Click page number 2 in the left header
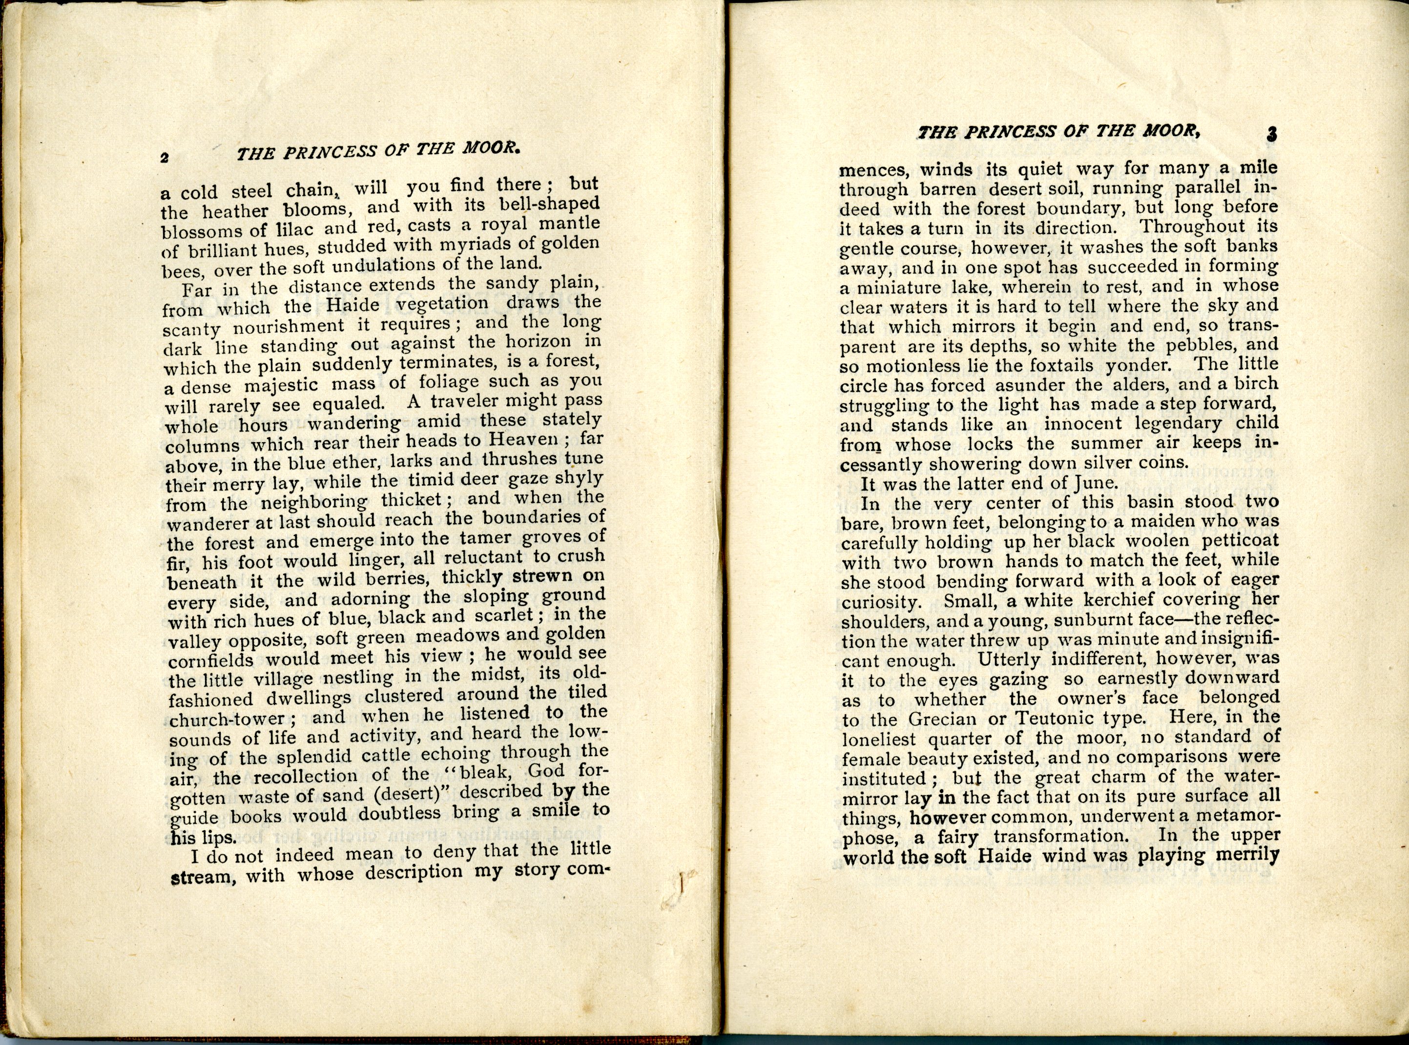coord(165,158)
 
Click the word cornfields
coord(212,660)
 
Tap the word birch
coord(1255,384)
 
